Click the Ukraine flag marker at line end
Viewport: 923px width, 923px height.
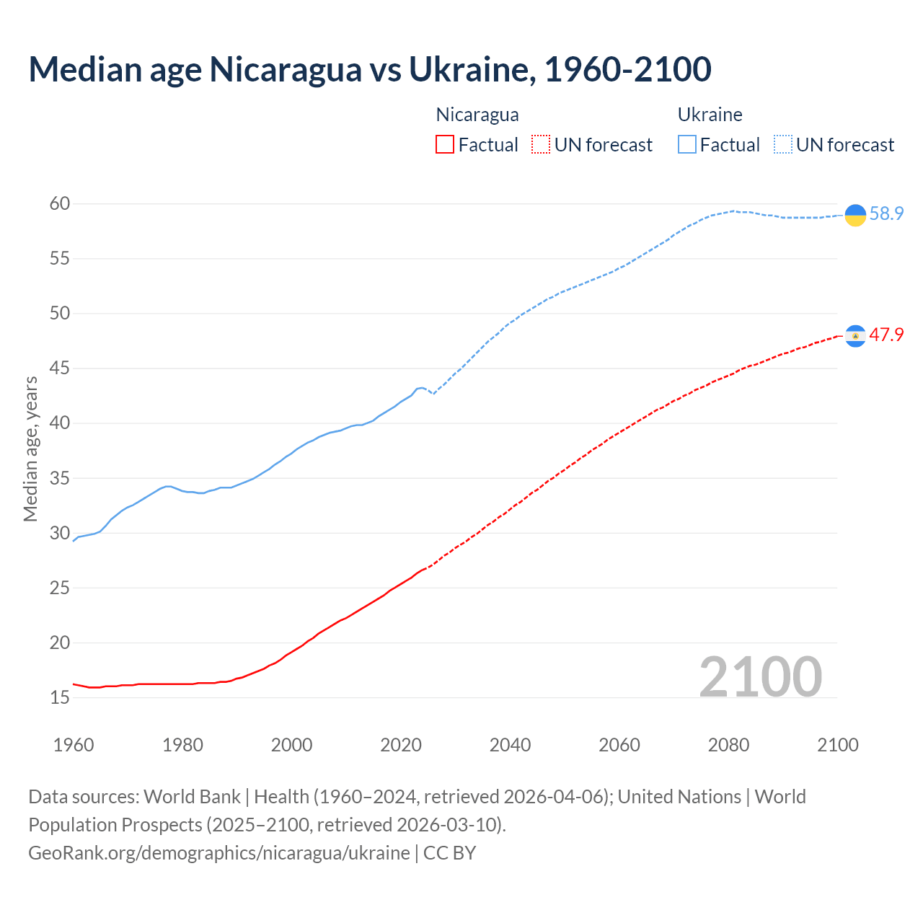click(855, 215)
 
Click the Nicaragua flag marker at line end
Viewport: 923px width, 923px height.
click(855, 336)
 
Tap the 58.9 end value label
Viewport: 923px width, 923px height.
click(886, 214)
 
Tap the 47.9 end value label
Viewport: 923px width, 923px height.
click(886, 335)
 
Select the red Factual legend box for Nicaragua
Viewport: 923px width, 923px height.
click(445, 145)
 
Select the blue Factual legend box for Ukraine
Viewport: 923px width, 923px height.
click(687, 145)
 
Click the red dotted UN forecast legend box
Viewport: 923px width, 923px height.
click(541, 145)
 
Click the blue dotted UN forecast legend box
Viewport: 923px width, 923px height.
click(783, 145)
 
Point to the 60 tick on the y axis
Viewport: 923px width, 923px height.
click(60, 204)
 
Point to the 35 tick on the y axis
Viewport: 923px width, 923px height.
click(60, 478)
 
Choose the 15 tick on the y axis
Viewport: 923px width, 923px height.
click(60, 698)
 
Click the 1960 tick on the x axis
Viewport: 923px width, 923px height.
click(74, 745)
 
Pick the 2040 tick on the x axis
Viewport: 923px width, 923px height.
click(510, 745)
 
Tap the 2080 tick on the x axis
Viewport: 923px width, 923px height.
click(728, 745)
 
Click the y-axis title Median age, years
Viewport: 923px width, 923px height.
click(30, 449)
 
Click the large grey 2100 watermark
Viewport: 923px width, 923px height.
click(760, 677)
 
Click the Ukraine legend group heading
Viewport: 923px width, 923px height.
click(710, 115)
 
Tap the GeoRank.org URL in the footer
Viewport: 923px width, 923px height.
click(219, 853)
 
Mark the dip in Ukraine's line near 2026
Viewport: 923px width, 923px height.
click(433, 393)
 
